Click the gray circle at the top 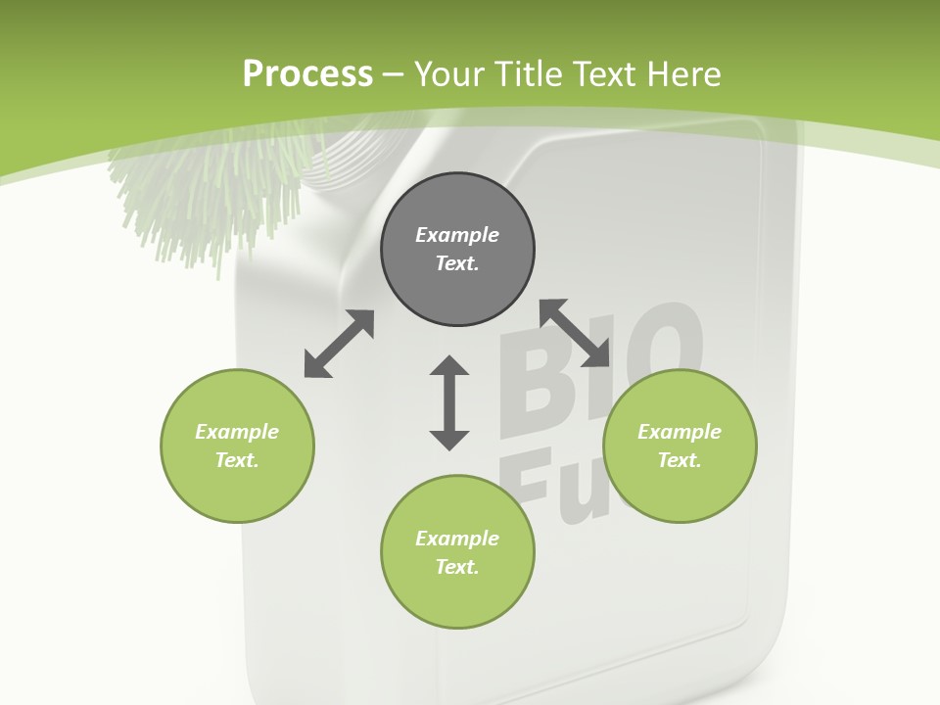coord(457,250)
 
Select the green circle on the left coord(237,446)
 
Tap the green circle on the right coord(680,446)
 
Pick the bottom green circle coord(457,552)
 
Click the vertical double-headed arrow coord(449,402)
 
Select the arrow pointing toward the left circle coord(339,344)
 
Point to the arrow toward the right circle coord(575,333)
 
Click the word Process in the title coord(307,73)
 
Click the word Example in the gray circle coord(457,235)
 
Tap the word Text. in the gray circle coord(457,263)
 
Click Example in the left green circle coord(237,432)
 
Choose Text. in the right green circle coord(680,460)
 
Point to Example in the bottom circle coord(457,539)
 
